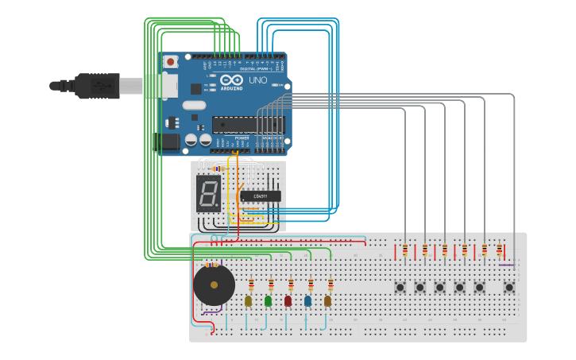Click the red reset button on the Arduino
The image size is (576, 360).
(170, 62)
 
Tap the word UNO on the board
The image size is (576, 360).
(258, 80)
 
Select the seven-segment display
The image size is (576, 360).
(208, 193)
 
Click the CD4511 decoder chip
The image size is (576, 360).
(260, 195)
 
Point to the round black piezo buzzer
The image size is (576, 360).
(214, 285)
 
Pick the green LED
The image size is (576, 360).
(269, 300)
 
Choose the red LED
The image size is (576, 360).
(288, 300)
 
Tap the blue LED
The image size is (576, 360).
(308, 300)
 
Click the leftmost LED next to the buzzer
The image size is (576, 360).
(249, 300)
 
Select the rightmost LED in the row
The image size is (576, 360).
(328, 300)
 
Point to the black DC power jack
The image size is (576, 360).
(168, 142)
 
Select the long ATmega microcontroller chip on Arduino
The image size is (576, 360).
(247, 125)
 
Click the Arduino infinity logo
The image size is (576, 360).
(232, 81)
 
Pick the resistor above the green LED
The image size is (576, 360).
(271, 284)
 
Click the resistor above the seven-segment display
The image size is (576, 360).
(218, 168)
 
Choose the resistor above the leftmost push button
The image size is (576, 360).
(405, 251)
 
